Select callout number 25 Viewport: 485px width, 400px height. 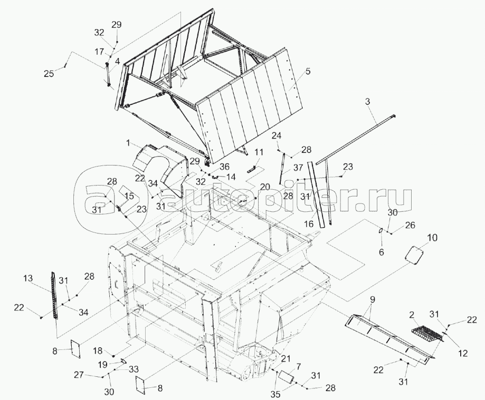pos(49,74)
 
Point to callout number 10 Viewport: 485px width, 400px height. pos(432,238)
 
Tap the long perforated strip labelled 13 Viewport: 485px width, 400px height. pos(54,295)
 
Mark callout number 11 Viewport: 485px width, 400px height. pos(259,152)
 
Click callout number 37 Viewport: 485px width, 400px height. pos(298,168)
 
